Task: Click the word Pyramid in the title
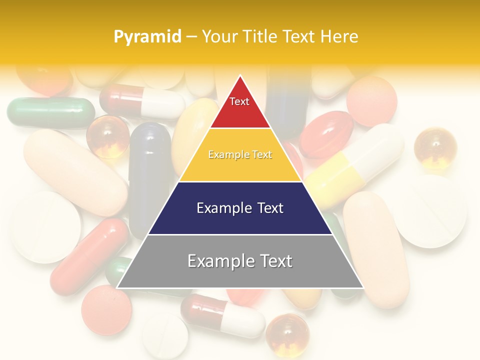[x=147, y=36]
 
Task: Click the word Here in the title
[x=339, y=36]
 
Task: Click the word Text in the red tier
[x=239, y=101]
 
